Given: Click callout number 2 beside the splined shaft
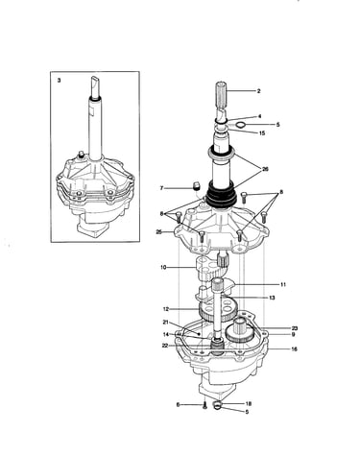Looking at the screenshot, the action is click(x=258, y=91).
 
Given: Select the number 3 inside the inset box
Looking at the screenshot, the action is click(x=59, y=81).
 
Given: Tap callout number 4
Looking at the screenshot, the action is click(x=260, y=117).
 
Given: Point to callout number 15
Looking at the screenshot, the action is click(x=262, y=133).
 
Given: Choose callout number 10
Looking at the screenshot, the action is click(x=163, y=267).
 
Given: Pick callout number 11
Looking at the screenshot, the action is click(x=283, y=284).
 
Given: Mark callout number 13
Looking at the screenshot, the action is click(x=272, y=298).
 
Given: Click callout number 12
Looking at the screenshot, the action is click(x=165, y=309).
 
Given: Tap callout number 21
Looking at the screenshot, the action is click(x=165, y=322).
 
